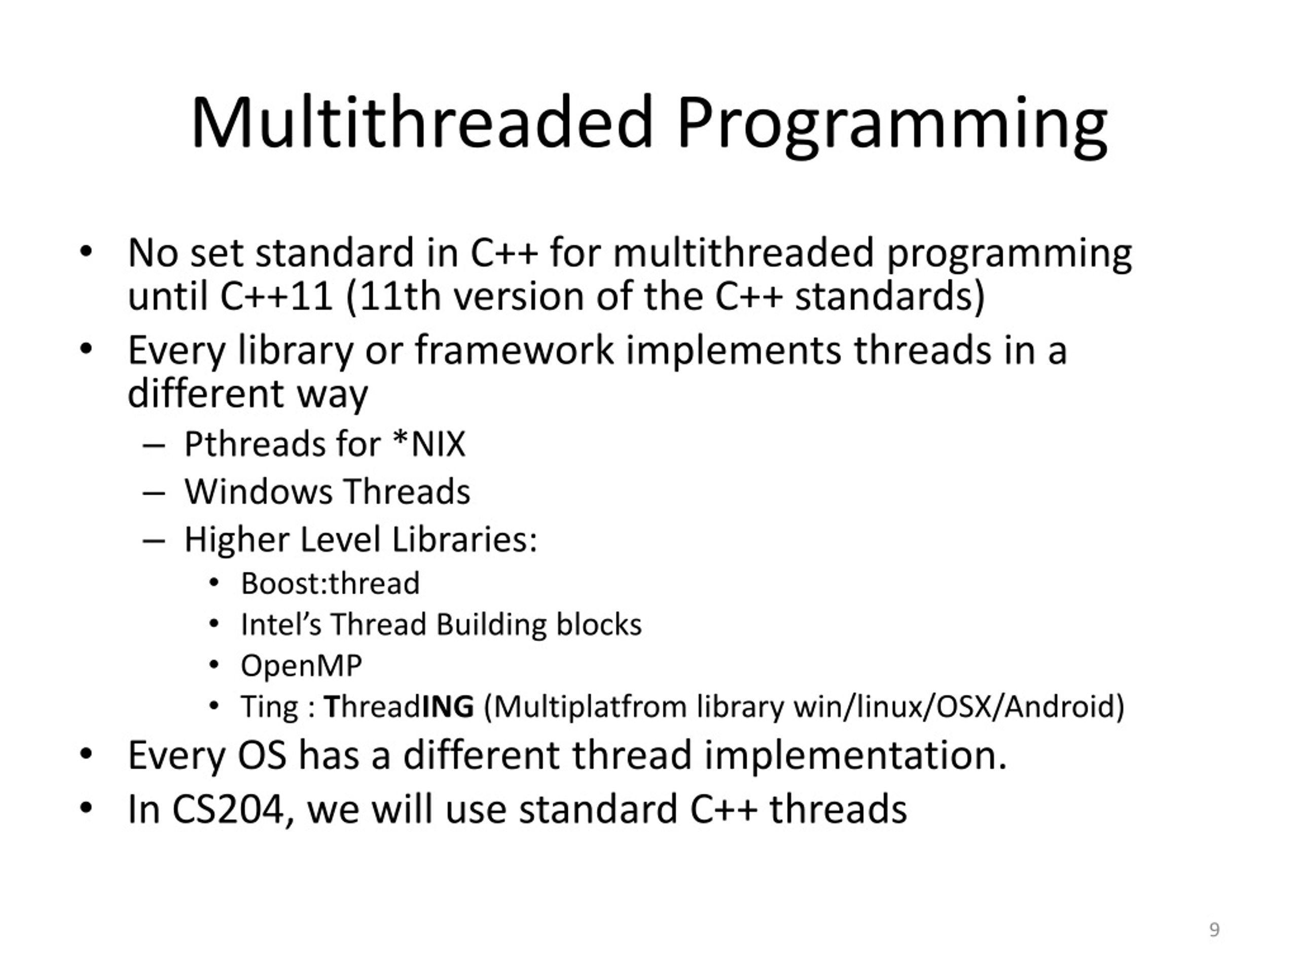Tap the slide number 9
tap(1215, 929)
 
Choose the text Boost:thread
tap(330, 583)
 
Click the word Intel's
tap(281, 624)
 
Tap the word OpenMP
tap(301, 666)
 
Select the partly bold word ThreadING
tap(399, 706)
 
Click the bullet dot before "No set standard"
tap(86, 252)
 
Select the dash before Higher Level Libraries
tap(153, 541)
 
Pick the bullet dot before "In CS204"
tap(86, 808)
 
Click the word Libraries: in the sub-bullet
tap(464, 540)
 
